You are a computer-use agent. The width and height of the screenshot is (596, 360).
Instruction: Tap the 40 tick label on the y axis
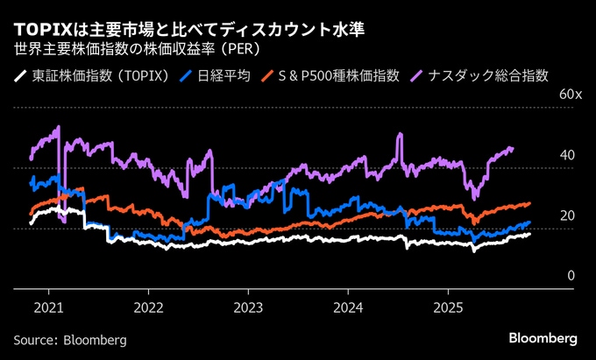(568, 155)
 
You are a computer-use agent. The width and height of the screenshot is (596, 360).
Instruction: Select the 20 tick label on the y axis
(568, 215)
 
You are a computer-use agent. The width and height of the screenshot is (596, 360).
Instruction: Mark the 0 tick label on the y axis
(571, 276)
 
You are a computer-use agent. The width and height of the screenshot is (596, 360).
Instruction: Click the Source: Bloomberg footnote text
(70, 339)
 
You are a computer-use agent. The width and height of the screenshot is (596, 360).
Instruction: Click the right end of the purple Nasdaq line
(513, 149)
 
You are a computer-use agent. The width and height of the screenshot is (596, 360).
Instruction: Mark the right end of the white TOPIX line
(529, 233)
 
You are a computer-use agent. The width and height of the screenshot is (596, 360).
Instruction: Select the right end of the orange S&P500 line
(529, 203)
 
